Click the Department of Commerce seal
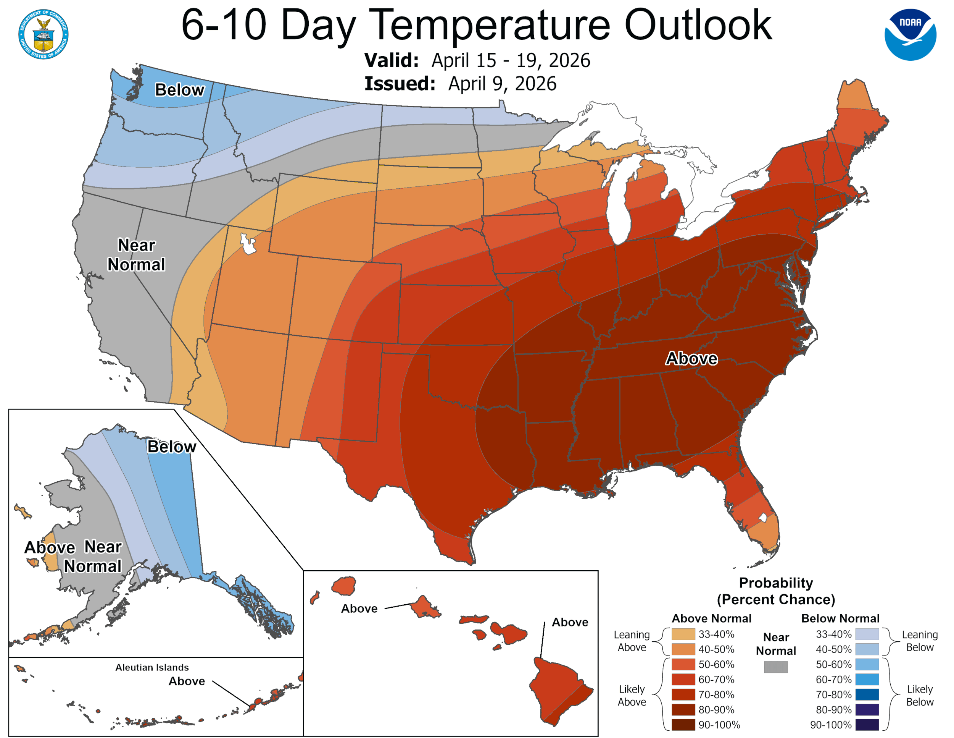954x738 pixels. pos(43,34)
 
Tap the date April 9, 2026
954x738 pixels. pos(502,84)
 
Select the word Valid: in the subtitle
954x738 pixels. pos(392,60)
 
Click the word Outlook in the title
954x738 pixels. pos(698,25)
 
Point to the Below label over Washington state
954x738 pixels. pos(179,90)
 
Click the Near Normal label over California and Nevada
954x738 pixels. pos(136,254)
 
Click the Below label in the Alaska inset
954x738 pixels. pos(172,447)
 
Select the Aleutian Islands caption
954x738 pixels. pos(152,667)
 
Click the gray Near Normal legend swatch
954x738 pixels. pos(776,667)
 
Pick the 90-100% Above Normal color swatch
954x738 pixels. pos(683,725)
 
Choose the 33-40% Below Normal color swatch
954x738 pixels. pos(867,634)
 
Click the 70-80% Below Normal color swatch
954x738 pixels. pos(867,694)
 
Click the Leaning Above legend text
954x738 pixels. pos(631,641)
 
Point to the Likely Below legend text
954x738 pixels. pos(920,695)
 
